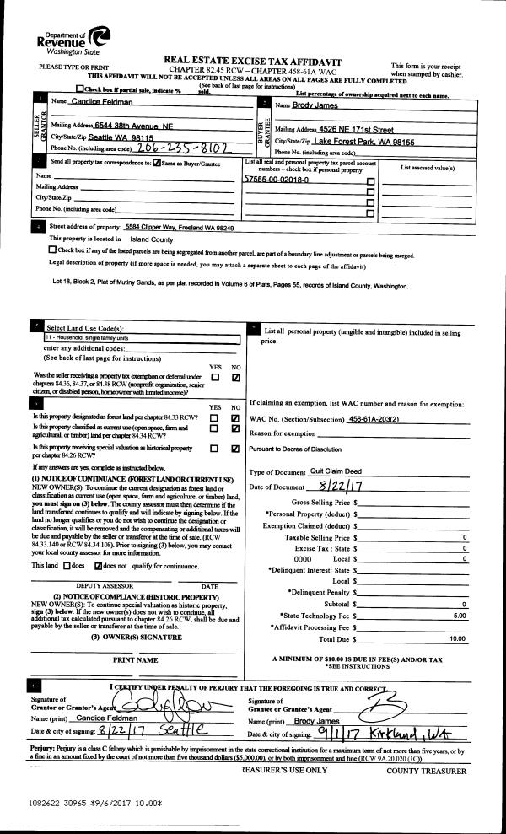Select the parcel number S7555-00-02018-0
click(x=276, y=180)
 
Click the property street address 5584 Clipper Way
click(x=178, y=228)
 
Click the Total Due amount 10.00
click(x=457, y=638)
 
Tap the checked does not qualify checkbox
click(x=99, y=565)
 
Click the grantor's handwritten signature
click(x=165, y=702)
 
